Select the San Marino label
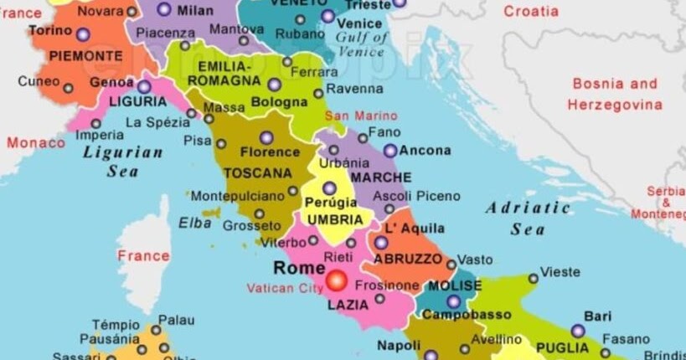pyautogui.click(x=361, y=116)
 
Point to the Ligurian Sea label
pyautogui.click(x=122, y=162)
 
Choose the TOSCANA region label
pyautogui.click(x=258, y=173)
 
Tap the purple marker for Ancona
pyautogui.click(x=390, y=151)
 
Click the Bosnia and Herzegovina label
pyautogui.click(x=615, y=94)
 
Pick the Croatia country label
pyautogui.click(x=530, y=12)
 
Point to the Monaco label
pyautogui.click(x=36, y=142)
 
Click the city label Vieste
pyautogui.click(x=560, y=272)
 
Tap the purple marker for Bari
pyautogui.click(x=578, y=331)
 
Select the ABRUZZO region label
pyautogui.click(x=407, y=260)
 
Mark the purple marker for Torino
pyautogui.click(x=82, y=35)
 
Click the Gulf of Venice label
pyautogui.click(x=361, y=44)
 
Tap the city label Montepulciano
pyautogui.click(x=238, y=195)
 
